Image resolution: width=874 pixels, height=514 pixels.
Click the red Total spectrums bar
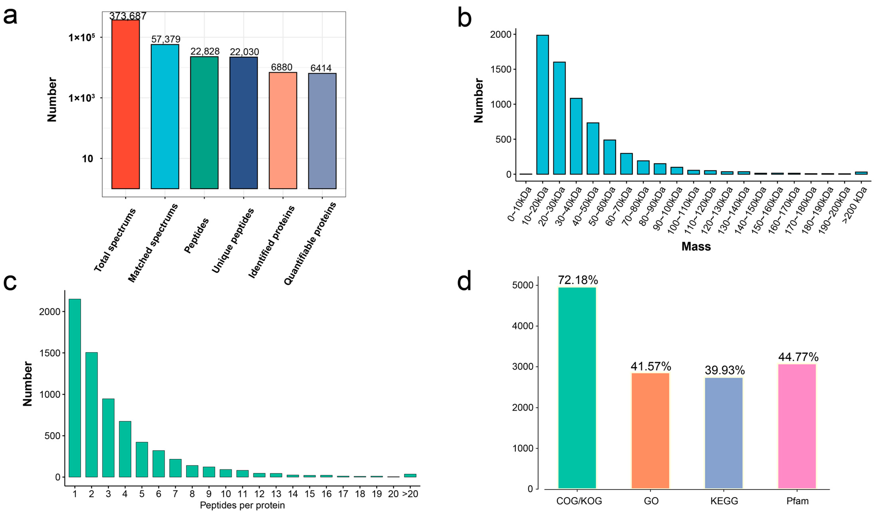pyautogui.click(x=125, y=104)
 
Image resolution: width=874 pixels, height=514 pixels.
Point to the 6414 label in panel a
pyautogui.click(x=321, y=68)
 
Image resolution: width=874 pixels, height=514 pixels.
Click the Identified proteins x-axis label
pyautogui.click(x=272, y=242)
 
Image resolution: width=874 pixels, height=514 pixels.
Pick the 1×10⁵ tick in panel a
pyautogui.click(x=82, y=37)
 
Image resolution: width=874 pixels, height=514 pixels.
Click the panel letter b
pyautogui.click(x=464, y=18)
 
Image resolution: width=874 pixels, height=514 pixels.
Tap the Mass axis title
pyautogui.click(x=696, y=247)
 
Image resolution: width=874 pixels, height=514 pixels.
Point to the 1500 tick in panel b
pyautogui.click(x=501, y=69)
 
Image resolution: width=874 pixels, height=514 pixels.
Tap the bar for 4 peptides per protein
pyautogui.click(x=125, y=449)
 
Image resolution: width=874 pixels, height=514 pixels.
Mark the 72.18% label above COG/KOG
pyautogui.click(x=578, y=280)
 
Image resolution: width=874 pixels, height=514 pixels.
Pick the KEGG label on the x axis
pyautogui.click(x=724, y=501)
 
